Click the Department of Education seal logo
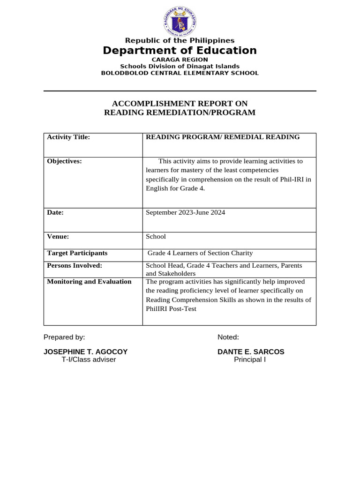coord(180,21)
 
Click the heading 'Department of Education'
coord(180,51)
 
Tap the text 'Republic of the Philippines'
coord(180,41)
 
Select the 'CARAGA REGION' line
coord(180,60)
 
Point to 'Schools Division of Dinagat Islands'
coord(180,67)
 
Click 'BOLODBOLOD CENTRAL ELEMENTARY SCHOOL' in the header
coord(180,73)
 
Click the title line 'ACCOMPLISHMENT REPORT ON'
coord(180,104)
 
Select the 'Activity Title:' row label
coord(68,137)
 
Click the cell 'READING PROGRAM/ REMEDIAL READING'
coord(223,137)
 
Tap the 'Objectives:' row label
coord(65,161)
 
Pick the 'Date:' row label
coord(55,212)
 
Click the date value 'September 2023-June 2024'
coord(185,213)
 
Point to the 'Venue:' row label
coord(58,237)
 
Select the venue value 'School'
coord(156,237)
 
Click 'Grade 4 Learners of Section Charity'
coord(200,253)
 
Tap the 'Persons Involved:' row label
coord(75,266)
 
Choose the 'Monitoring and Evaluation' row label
coord(89,282)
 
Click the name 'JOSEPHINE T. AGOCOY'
coord(85,352)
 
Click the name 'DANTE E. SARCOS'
coord(251,352)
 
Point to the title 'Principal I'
coord(250,360)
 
